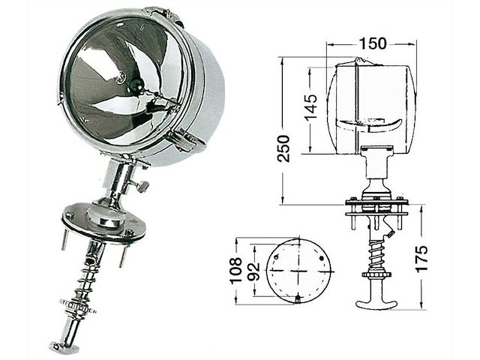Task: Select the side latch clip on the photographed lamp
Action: point(184,137)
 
